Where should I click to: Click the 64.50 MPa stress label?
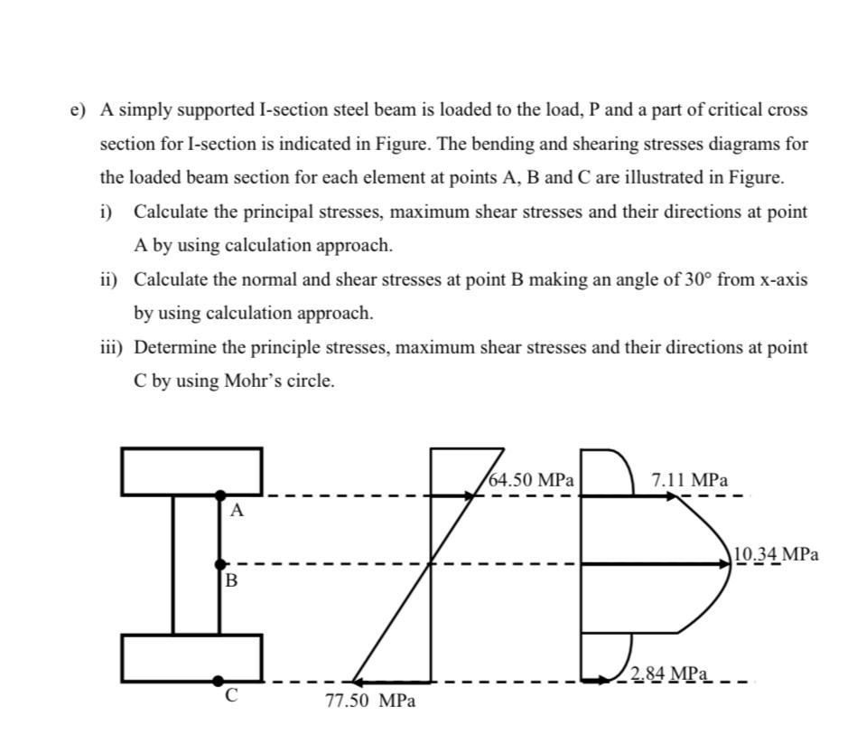[x=531, y=480]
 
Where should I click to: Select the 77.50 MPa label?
[x=370, y=701]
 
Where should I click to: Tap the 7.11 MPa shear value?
[x=689, y=480]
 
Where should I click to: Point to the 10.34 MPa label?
[x=777, y=554]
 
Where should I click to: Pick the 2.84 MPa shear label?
[x=668, y=674]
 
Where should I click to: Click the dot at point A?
[x=219, y=495]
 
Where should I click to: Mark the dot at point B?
[x=219, y=564]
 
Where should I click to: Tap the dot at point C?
[x=219, y=681]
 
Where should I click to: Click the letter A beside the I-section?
[x=237, y=511]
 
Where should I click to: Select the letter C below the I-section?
[x=231, y=696]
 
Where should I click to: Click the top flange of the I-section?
[x=191, y=471]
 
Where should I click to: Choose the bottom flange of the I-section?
[x=191, y=658]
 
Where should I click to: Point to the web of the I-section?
[x=196, y=564]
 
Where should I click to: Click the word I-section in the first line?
[x=295, y=110]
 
